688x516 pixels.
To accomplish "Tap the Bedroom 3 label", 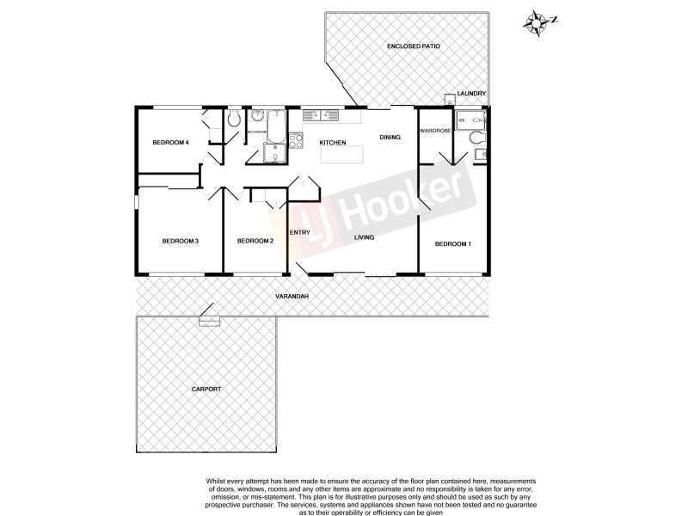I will point(181,241).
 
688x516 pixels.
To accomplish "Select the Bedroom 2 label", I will point(255,241).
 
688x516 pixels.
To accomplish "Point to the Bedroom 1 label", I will point(452,244).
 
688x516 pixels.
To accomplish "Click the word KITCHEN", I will point(333,142).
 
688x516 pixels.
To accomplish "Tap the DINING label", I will point(390,137).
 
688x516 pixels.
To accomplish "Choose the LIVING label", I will point(364,237).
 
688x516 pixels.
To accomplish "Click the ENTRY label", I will point(299,232).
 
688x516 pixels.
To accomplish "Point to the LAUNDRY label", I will point(472,93).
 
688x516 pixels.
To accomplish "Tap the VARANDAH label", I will point(292,297).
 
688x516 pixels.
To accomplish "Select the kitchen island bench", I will point(342,155).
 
